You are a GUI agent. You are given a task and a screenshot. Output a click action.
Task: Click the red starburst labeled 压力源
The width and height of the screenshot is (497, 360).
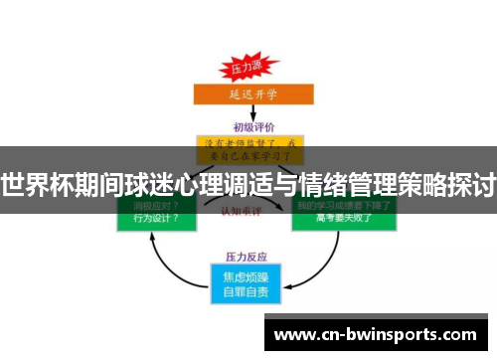[248, 67]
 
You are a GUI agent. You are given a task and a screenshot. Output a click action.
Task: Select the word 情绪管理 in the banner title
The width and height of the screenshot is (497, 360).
[341, 185]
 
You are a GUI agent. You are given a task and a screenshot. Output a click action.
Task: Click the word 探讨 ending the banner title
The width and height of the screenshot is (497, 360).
[474, 185]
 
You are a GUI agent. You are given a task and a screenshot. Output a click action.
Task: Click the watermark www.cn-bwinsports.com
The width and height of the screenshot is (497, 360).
[377, 334]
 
